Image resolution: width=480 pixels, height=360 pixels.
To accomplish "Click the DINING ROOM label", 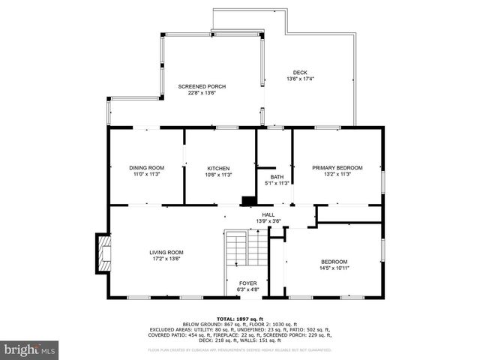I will coord(146,168).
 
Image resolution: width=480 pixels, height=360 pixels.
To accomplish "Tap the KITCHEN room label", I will coord(218,168).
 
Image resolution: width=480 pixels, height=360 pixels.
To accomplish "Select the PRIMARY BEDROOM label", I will coord(337,168).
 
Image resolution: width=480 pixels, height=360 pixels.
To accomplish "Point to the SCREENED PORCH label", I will coord(202,87).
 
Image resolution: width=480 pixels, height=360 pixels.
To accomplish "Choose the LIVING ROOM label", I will coord(166,253).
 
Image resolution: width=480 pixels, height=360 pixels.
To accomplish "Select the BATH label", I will coord(277,177).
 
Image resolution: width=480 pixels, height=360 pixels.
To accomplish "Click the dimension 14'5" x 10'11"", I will coord(334,268).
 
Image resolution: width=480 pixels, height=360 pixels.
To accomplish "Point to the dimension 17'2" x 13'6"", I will coord(166,259).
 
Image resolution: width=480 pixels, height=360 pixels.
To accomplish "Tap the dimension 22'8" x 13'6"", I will coord(202,94).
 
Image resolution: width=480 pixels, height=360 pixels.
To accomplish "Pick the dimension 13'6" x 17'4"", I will coord(300,79).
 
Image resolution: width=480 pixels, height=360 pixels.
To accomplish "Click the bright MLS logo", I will coord(30,349).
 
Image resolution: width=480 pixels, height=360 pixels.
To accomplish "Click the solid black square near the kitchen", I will coord(247,201).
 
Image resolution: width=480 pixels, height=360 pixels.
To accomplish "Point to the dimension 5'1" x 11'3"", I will coord(277,183).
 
